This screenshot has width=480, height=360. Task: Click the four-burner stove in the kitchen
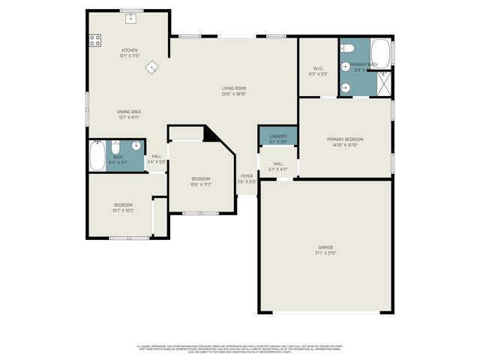pyautogui.click(x=95, y=41)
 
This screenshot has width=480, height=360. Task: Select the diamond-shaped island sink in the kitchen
pyautogui.click(x=152, y=67)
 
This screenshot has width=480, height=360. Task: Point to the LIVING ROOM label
pyautogui.click(x=233, y=88)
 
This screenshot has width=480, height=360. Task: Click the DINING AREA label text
pyautogui.click(x=129, y=112)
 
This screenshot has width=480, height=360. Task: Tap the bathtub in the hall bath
pyautogui.click(x=97, y=156)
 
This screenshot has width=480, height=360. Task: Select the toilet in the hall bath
pyautogui.click(x=117, y=145)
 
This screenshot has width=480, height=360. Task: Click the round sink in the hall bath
pyautogui.click(x=136, y=146)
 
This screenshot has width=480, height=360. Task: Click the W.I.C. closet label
pyautogui.click(x=318, y=68)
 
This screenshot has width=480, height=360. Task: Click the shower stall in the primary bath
pyautogui.click(x=382, y=85)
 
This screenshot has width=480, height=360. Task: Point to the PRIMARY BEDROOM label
pyautogui.click(x=345, y=139)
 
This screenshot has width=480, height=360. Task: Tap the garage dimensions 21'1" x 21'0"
pyautogui.click(x=325, y=253)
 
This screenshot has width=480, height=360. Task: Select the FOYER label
pyautogui.click(x=247, y=175)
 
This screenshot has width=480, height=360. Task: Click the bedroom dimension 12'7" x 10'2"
pyautogui.click(x=124, y=211)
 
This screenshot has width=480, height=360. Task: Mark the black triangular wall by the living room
pyautogui.click(x=211, y=134)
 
